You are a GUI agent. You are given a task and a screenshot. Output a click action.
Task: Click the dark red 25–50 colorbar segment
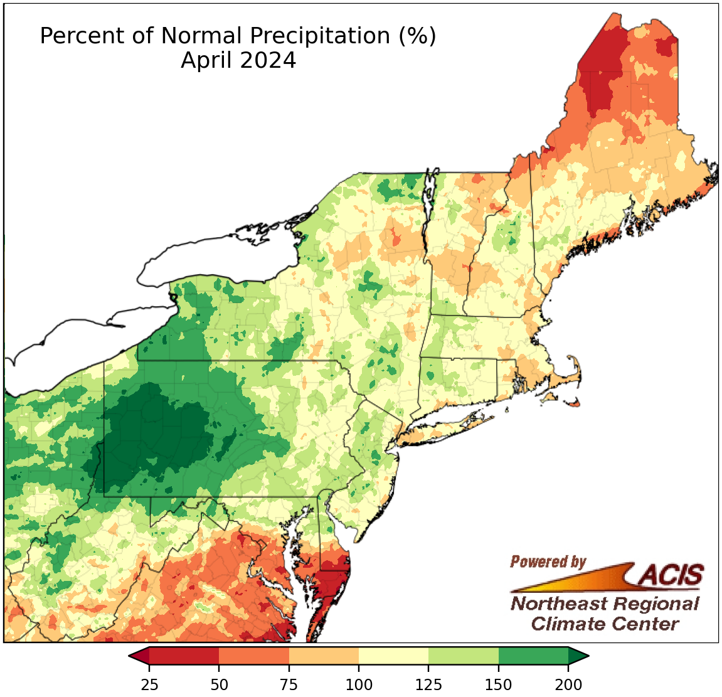tap(184, 656)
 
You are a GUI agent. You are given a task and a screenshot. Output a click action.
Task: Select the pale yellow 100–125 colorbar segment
tap(393, 656)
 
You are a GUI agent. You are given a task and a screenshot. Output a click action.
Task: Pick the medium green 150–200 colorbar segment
tap(533, 656)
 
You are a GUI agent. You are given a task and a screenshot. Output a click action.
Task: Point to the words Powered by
tap(548, 561)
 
